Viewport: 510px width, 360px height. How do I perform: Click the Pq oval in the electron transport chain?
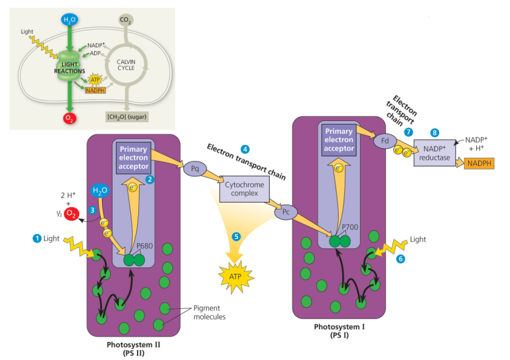point(194,168)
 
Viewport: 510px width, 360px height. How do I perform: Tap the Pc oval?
point(285,213)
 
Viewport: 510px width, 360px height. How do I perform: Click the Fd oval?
point(385,141)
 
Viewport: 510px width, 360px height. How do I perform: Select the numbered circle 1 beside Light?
point(37,238)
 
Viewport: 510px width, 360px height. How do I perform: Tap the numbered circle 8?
point(435,132)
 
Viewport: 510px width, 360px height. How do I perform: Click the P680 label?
point(144,246)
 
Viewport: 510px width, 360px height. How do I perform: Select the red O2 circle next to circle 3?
point(72,214)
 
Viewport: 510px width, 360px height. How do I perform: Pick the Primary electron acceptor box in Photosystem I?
point(339,140)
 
